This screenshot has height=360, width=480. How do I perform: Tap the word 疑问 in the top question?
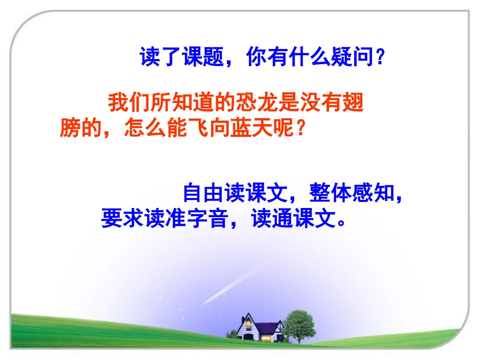tap(353, 58)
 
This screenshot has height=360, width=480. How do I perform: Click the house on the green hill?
tap(257, 327)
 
